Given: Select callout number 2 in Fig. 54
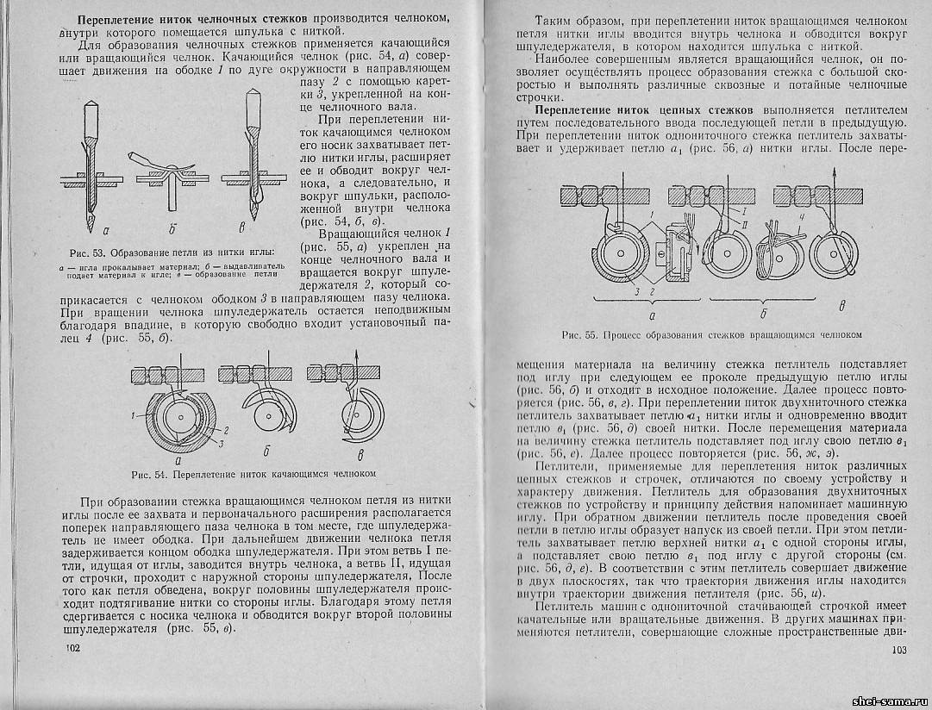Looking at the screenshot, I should [x=228, y=427].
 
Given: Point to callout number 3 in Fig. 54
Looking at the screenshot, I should [x=223, y=442].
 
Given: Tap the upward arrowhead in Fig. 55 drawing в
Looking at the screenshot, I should [x=837, y=174].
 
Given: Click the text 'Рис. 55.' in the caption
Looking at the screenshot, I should [x=579, y=334].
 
